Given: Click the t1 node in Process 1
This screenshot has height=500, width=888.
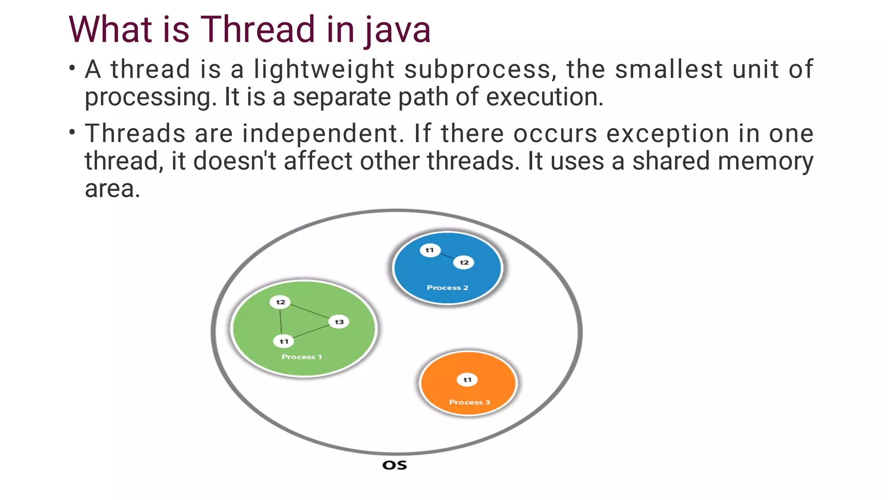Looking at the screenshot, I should (x=284, y=341).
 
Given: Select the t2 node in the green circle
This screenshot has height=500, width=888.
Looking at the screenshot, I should (x=280, y=302).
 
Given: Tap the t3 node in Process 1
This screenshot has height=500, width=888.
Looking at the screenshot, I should (x=339, y=322).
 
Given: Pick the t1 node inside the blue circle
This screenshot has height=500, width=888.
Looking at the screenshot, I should (x=430, y=250).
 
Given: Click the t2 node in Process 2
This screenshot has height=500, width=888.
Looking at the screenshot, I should (x=464, y=262).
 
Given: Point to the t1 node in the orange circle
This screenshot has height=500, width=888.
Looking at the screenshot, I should (x=467, y=380).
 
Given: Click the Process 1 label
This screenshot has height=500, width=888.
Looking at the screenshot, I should (x=302, y=357).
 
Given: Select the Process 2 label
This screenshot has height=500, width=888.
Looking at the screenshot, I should (x=447, y=288).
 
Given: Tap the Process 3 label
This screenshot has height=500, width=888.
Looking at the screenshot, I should (x=470, y=402).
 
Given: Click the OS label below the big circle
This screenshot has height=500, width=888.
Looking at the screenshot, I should (x=395, y=465).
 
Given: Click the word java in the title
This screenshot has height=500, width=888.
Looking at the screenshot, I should (x=398, y=29).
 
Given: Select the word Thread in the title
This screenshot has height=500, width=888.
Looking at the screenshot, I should (x=258, y=29).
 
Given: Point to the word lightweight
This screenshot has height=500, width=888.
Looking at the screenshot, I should (x=324, y=69).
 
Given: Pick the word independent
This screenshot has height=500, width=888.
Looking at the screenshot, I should (x=323, y=134).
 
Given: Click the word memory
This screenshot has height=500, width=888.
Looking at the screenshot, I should (x=766, y=161).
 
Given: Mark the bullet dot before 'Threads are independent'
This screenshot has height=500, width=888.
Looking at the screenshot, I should (x=72, y=131).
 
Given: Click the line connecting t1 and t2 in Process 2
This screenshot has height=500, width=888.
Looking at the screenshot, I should (x=447, y=256).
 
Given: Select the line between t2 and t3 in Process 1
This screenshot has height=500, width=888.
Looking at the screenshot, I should (x=310, y=312).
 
